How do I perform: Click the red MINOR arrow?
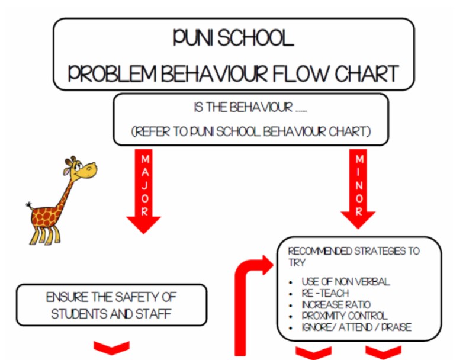(358, 189)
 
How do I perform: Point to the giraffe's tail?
(29, 205)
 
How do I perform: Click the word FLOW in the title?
(301, 74)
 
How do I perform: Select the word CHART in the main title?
(367, 74)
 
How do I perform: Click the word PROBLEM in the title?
(112, 74)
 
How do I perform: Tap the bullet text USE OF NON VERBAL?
(346, 281)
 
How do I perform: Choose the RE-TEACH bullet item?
(325, 293)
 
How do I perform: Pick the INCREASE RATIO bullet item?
(336, 304)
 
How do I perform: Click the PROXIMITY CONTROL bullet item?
(345, 316)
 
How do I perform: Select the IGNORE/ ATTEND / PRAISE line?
(356, 327)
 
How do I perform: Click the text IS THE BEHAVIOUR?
(243, 107)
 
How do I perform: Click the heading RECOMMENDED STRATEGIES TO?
(353, 251)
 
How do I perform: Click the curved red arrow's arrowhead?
(268, 265)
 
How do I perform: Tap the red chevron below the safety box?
(111, 348)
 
